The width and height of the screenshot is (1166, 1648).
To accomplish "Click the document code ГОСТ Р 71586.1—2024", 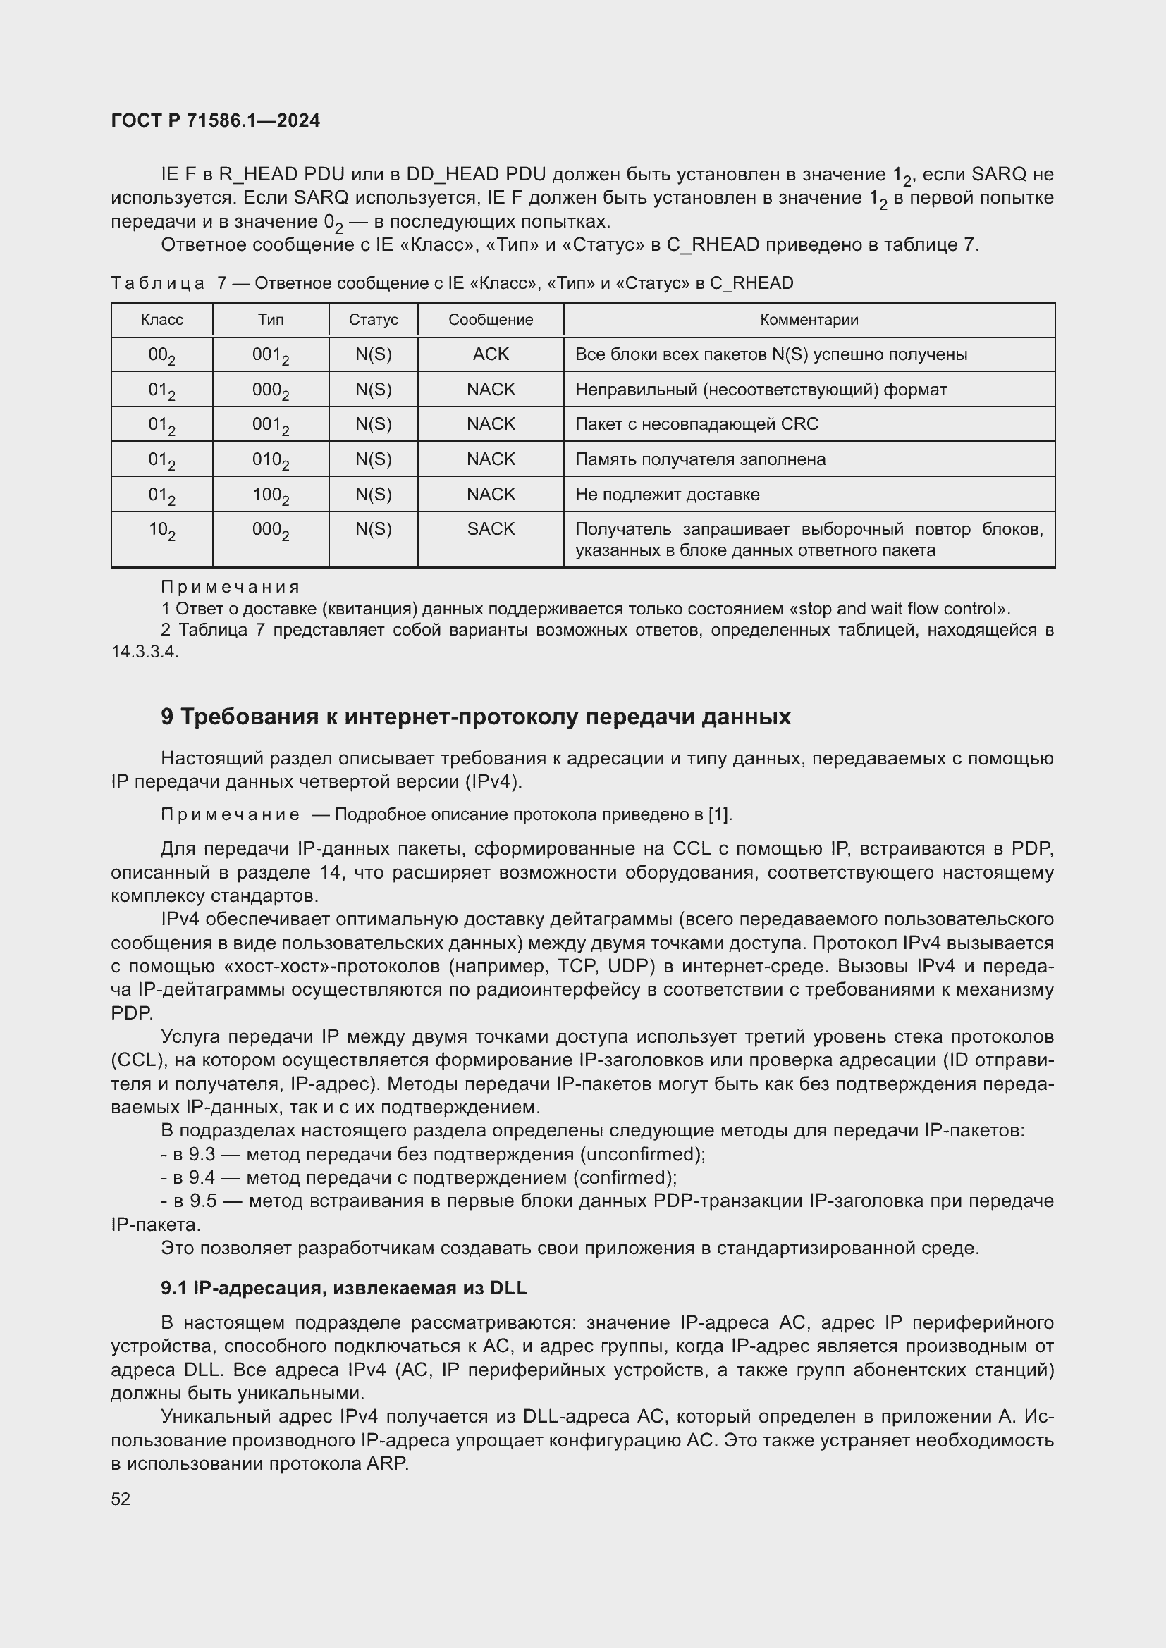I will tap(216, 120).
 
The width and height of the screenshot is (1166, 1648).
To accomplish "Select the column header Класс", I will tap(161, 320).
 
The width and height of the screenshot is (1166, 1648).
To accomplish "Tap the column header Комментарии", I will tap(809, 320).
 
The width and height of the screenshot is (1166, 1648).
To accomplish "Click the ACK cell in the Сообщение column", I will tap(491, 354).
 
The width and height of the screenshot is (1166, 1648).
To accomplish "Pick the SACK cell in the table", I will tap(491, 529).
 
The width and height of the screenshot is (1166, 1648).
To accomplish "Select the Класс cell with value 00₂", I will tap(161, 354).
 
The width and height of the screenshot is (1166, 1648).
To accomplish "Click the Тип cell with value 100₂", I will tap(271, 495).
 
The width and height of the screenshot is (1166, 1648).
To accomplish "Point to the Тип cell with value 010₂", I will tap(271, 460).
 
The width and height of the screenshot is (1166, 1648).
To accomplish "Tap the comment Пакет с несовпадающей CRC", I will tap(696, 424).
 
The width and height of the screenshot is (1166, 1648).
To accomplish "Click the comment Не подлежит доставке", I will tap(667, 495).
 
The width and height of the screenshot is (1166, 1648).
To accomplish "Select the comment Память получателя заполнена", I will tap(700, 459).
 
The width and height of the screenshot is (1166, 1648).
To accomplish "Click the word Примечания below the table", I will tap(230, 587).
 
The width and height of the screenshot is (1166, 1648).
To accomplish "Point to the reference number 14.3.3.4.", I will tap(145, 652).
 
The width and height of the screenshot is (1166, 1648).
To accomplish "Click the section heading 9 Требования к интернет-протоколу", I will tap(475, 717).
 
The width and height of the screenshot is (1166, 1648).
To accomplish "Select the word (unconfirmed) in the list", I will tap(642, 1154).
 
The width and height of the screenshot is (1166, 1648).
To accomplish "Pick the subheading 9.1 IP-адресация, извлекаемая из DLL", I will tap(344, 1289).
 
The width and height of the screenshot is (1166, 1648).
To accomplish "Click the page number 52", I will tap(121, 1499).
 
